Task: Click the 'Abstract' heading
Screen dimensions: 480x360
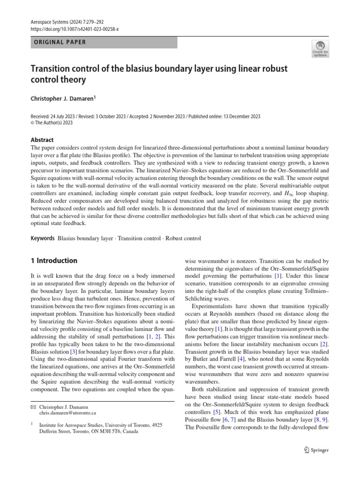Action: pyautogui.click(x=42, y=140)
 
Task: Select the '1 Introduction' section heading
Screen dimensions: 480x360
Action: pyautogui.click(x=54, y=261)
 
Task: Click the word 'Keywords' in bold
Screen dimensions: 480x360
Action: pyautogui.click(x=43, y=238)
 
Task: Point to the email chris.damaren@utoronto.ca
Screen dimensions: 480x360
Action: pyautogui.click(x=67, y=413)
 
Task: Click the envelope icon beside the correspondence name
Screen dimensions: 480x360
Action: pyautogui.click(x=33, y=406)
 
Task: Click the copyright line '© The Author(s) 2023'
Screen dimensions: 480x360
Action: pyautogui.click(x=52, y=123)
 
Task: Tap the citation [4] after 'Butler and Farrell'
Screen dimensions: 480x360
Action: pyautogui.click(x=243, y=360)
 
